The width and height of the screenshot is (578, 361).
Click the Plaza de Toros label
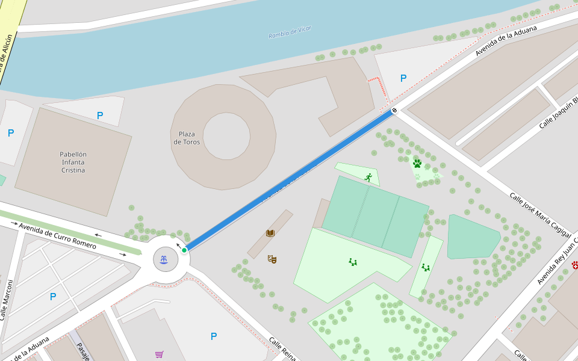pos(187,138)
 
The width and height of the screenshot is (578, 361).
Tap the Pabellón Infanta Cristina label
pos(73,162)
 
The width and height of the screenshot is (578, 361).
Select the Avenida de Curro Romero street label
pos(57,236)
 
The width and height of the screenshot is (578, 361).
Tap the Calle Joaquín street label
pos(558,113)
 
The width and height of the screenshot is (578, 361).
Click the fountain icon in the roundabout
pos(163,260)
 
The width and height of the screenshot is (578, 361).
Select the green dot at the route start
pos(184,250)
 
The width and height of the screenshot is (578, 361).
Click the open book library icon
pos(270,233)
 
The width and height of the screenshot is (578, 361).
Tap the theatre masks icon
pos(272,259)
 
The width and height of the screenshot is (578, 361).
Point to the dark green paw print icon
pos(417,163)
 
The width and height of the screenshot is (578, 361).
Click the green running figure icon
pos(368,177)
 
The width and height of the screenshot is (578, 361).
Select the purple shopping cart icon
pos(159,354)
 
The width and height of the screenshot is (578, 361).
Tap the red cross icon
pos(575,265)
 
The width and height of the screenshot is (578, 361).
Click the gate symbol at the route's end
pos(394,110)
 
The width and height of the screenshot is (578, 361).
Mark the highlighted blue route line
pos(289,180)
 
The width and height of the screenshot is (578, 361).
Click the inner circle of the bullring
pos(226,137)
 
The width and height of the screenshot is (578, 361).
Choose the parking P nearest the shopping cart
pos(214,336)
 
